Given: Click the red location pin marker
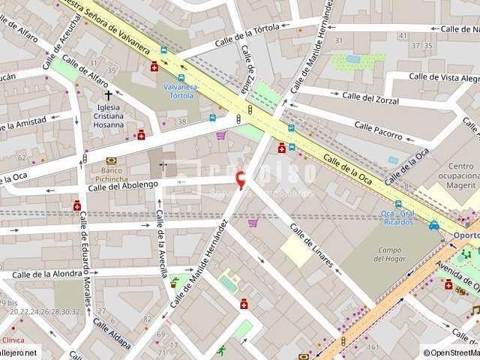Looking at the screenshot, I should [x=240, y=180].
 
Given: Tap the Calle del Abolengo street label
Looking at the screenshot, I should [x=123, y=185].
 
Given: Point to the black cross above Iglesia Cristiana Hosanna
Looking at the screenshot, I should [x=109, y=95].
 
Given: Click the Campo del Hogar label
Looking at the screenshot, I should [x=389, y=254].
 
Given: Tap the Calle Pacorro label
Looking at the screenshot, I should [x=378, y=131].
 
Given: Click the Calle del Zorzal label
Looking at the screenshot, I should [x=370, y=98].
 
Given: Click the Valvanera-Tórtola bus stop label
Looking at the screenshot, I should [x=181, y=91].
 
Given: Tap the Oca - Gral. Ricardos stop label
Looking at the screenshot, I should [x=397, y=217].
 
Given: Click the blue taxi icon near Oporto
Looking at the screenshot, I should [x=434, y=224].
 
